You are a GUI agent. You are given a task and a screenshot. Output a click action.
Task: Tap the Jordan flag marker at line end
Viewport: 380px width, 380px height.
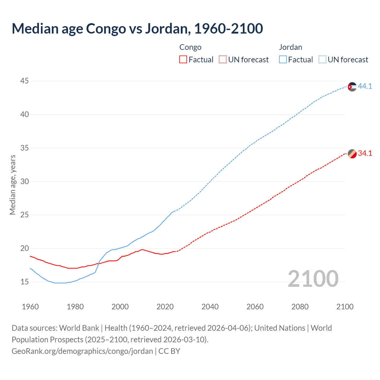click(352, 87)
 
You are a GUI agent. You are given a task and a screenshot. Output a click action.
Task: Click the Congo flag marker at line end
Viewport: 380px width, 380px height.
click(352, 154)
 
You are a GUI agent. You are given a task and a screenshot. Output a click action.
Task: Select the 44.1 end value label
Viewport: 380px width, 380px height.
click(365, 86)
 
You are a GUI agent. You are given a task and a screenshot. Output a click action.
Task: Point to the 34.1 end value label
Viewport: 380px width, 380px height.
click(365, 153)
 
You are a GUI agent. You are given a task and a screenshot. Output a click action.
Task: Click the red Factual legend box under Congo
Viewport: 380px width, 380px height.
click(183, 60)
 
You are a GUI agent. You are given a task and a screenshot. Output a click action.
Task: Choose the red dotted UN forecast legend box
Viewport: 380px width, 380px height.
click(223, 60)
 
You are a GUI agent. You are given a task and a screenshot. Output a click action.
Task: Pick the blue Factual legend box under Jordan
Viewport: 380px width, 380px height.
click(283, 60)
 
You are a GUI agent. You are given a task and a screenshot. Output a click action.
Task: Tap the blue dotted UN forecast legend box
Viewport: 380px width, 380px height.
click(322, 60)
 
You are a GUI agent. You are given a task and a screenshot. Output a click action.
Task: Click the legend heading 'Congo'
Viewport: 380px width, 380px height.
click(190, 47)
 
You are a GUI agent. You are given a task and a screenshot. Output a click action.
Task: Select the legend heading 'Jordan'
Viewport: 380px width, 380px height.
click(290, 47)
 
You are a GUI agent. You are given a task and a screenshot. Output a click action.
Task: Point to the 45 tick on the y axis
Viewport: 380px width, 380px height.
click(25, 81)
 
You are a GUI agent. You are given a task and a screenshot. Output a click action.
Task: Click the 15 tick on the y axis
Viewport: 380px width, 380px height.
click(25, 282)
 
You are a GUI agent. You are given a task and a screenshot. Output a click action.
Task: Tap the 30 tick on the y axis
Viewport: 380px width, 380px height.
click(25, 181)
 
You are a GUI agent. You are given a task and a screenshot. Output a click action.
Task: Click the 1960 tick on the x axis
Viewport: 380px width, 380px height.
click(30, 307)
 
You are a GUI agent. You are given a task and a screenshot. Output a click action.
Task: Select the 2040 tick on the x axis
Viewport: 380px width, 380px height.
click(210, 307)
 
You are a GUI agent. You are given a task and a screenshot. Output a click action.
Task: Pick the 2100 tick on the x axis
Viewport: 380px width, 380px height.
click(345, 307)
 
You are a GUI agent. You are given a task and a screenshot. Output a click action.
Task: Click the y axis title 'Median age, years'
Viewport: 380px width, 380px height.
click(12, 185)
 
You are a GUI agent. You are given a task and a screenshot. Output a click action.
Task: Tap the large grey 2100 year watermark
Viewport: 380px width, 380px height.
click(313, 278)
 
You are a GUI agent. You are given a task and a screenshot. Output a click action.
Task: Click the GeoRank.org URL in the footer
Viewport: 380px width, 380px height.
click(82, 351)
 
